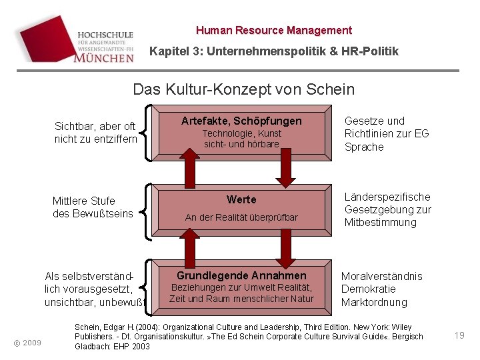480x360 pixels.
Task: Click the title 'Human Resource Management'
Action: click(274, 30)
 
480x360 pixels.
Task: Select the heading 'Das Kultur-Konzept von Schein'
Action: click(244, 89)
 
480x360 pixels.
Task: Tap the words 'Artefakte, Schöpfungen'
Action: click(241, 121)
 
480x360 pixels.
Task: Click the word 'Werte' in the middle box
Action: click(241, 200)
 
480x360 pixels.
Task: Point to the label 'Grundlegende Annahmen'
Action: click(241, 276)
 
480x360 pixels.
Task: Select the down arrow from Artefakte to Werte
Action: click(285, 169)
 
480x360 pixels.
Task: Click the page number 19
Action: click(459, 335)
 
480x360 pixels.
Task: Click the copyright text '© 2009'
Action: click(28, 343)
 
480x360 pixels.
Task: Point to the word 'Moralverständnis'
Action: click(382, 276)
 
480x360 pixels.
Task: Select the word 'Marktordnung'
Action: click(374, 302)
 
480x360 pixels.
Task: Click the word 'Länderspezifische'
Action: click(387, 197)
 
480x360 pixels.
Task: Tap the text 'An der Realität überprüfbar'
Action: click(241, 217)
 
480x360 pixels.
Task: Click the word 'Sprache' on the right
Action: click(364, 147)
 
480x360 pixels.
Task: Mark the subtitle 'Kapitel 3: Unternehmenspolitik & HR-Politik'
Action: click(274, 51)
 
